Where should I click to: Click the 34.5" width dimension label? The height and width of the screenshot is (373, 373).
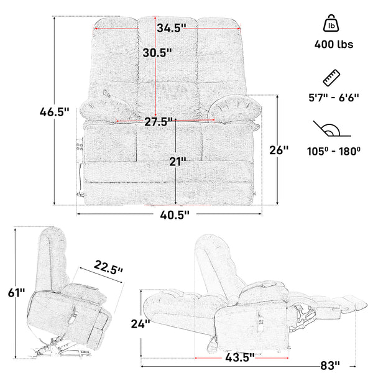pos(172,28)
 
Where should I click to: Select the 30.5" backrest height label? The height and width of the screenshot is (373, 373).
pos(155,53)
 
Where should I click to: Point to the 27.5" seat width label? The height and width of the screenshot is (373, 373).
pos(159,122)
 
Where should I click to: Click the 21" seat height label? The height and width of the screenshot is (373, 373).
pos(178,162)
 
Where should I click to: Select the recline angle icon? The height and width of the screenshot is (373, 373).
pos(330,131)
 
